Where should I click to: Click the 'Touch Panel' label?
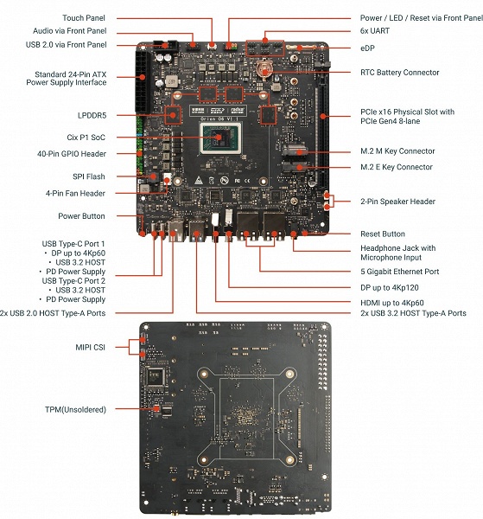click(85, 18)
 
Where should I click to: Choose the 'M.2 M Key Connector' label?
click(397, 151)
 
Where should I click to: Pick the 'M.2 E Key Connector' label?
click(397, 167)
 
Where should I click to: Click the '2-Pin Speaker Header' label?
click(398, 202)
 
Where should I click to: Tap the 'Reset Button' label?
click(383, 234)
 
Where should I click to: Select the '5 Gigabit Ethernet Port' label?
click(399, 271)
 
